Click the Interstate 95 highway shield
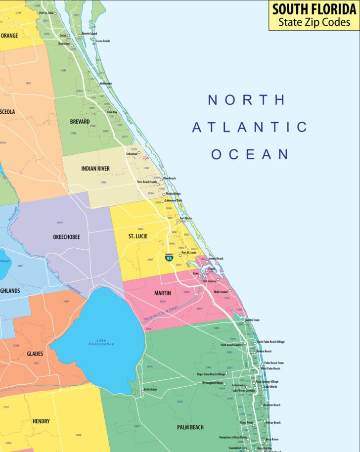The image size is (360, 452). pos(170,258)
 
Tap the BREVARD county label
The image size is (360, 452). pos(80,122)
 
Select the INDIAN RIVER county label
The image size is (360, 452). pos(95,169)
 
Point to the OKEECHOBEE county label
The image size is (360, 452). pos(66,237)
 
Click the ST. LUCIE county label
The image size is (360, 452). pos(138,236)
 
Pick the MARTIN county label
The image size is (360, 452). pos(163,293)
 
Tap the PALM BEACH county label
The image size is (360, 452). pos(190,427)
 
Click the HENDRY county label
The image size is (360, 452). pos(41,421)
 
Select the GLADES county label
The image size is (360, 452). pos(35,354)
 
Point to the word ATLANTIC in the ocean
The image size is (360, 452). pos(250,127)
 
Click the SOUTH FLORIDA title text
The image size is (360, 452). pos(314,9)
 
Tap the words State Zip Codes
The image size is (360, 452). pos(314,22)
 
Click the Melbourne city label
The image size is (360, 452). pos(106,84)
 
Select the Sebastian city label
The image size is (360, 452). pos(132,154)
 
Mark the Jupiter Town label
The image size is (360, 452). pos(253,320)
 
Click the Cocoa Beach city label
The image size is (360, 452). pos(103,41)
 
